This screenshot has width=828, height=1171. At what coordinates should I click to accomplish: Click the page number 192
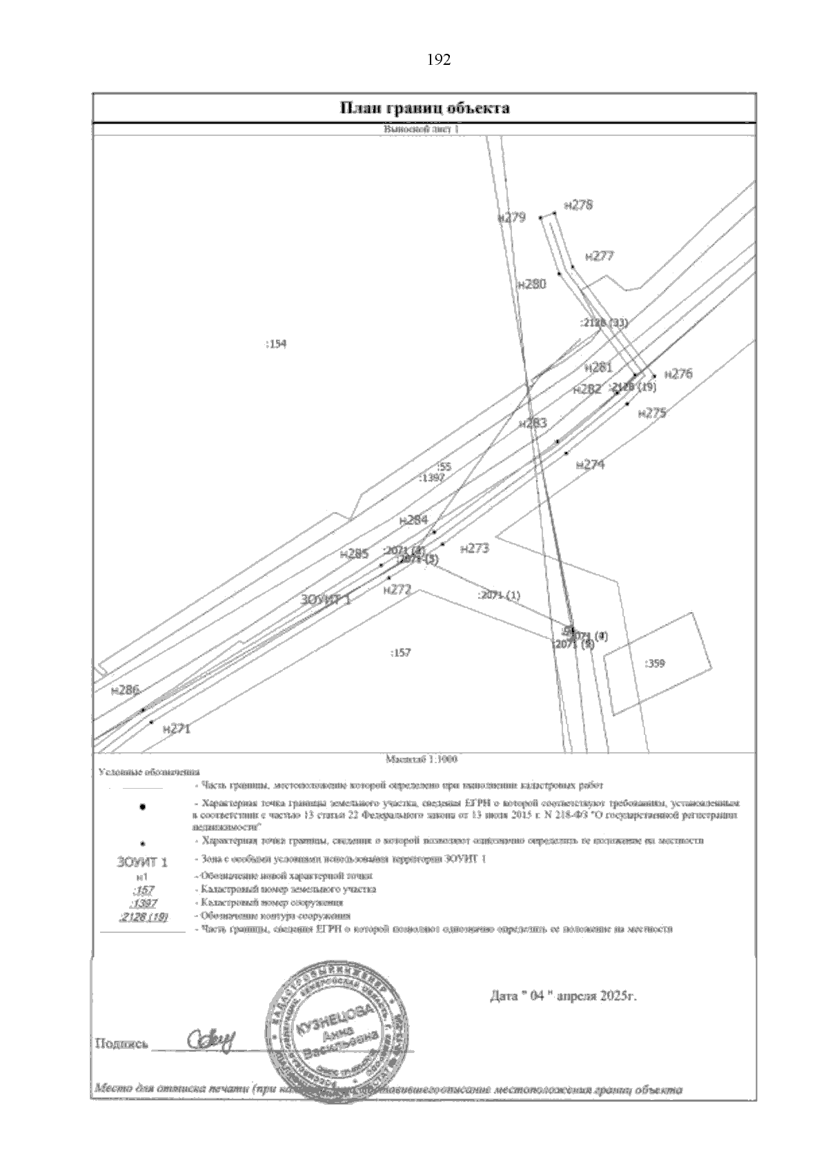(440, 61)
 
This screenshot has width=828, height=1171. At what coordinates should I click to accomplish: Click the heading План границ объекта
(424, 108)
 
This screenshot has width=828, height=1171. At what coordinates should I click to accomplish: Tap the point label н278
(578, 205)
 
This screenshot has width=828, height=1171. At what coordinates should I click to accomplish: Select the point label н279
(511, 217)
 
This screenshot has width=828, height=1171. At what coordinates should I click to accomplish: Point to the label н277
(599, 256)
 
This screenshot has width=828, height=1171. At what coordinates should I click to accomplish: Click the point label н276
(678, 374)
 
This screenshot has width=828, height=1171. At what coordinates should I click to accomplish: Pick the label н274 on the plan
(590, 465)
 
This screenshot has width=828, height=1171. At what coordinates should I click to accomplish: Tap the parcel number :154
(275, 344)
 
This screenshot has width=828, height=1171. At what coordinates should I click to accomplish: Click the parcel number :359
(654, 664)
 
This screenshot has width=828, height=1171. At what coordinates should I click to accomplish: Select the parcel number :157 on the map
(400, 653)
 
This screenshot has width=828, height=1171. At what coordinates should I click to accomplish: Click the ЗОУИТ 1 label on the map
(326, 600)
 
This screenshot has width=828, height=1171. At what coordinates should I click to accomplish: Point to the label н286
(125, 689)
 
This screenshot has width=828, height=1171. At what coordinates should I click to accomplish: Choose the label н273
(474, 549)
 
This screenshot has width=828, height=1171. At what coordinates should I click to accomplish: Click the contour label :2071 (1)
(499, 595)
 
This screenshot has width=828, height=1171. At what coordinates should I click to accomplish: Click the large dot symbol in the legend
(142, 807)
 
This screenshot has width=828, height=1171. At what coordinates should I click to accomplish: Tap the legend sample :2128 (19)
(144, 916)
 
